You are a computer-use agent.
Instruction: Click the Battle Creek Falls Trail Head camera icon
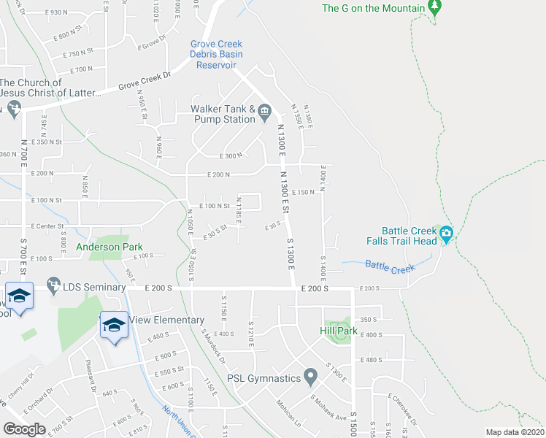(x=446, y=234)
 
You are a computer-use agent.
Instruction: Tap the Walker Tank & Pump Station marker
(x=264, y=112)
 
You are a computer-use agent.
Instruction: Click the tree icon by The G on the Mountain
(x=434, y=7)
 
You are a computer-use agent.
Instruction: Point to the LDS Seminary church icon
(x=53, y=283)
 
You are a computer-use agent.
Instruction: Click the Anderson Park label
(x=109, y=247)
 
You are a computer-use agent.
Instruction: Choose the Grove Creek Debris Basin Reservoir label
(x=216, y=54)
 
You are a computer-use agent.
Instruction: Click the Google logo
(x=24, y=429)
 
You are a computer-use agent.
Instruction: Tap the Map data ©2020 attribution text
(x=515, y=432)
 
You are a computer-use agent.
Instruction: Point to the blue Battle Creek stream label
(x=390, y=267)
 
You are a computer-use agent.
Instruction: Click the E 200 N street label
(x=219, y=174)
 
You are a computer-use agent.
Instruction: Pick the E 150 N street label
(x=303, y=192)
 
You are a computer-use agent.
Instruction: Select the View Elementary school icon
(x=113, y=325)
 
